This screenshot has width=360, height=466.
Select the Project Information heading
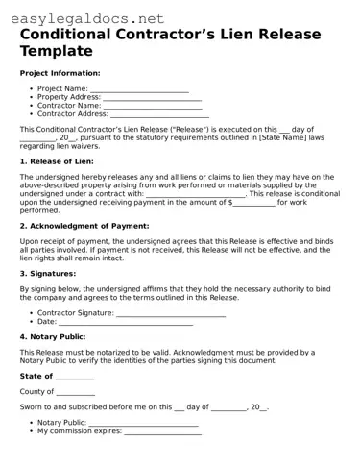(x=60, y=73)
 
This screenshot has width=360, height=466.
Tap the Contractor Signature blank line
(x=170, y=312)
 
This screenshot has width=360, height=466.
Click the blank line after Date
(x=124, y=321)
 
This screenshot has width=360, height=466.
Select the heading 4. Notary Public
(x=59, y=337)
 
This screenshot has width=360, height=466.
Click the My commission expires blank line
(x=163, y=431)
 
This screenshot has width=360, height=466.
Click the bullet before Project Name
(x=32, y=89)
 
